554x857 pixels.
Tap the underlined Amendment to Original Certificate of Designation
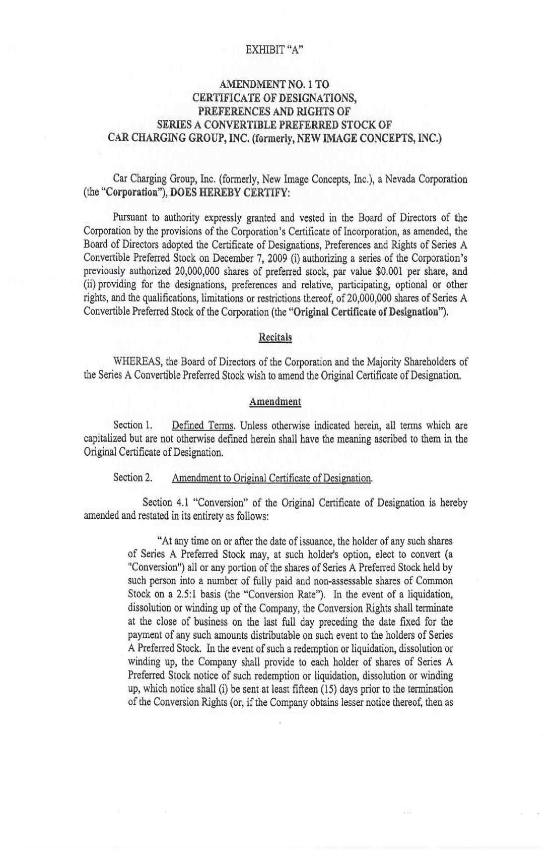(x=272, y=478)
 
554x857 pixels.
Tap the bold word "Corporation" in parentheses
(x=119, y=192)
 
